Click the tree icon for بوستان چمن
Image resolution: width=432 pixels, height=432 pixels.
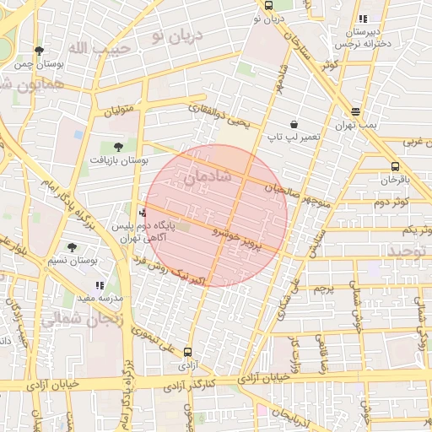[x=39, y=51]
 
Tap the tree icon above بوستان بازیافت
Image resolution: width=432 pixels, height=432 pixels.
[x=117, y=146]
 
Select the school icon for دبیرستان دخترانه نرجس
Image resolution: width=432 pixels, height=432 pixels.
[x=363, y=19]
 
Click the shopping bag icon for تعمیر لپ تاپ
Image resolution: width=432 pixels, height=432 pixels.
[x=293, y=123]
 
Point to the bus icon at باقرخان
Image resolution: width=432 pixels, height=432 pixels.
[x=395, y=166]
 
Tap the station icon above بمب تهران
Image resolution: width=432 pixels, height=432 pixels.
[x=355, y=111]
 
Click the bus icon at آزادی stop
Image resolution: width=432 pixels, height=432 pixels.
[x=186, y=353]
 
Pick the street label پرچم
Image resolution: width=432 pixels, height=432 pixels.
[x=325, y=289]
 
